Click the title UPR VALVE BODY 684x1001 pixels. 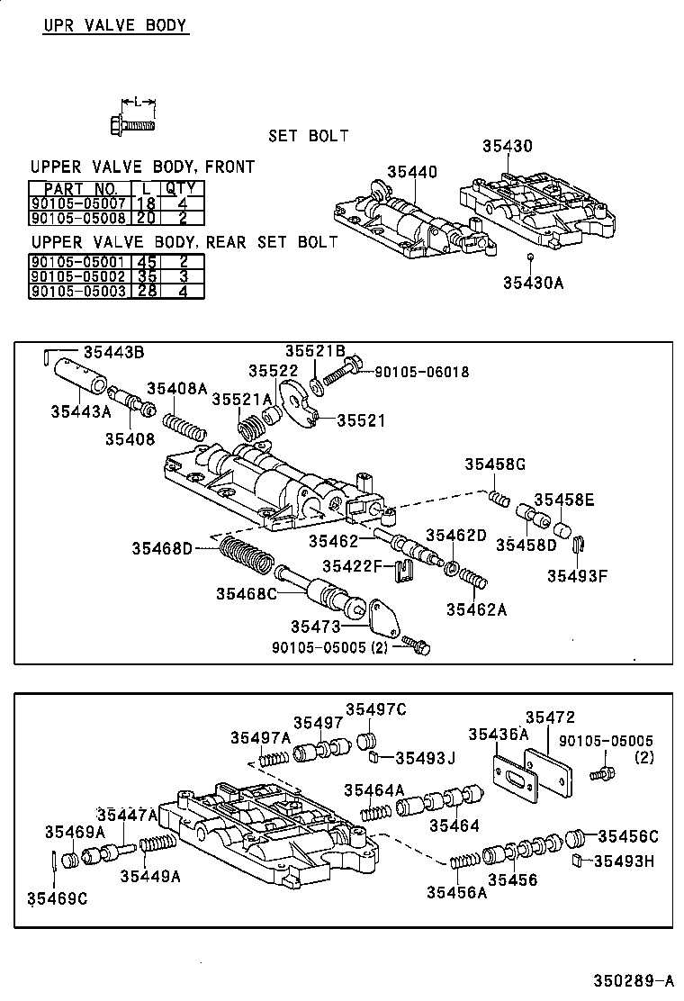click(x=115, y=25)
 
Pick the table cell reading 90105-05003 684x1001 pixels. click(x=79, y=292)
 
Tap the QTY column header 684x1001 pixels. click(x=184, y=189)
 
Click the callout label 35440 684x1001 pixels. click(x=412, y=172)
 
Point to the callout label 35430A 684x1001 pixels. click(x=533, y=283)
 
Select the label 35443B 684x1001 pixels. click(x=113, y=353)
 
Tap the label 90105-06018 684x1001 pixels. click(x=422, y=372)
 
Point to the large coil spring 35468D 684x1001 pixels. click(x=244, y=556)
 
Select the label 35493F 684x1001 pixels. click(x=578, y=577)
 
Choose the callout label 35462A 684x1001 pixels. click(x=476, y=609)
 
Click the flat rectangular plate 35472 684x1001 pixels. click(x=550, y=771)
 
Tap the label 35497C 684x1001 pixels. click(x=375, y=709)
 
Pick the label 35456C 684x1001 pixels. click(x=628, y=836)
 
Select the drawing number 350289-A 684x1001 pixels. click(x=632, y=980)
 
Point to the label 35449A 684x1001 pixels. click(x=150, y=876)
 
